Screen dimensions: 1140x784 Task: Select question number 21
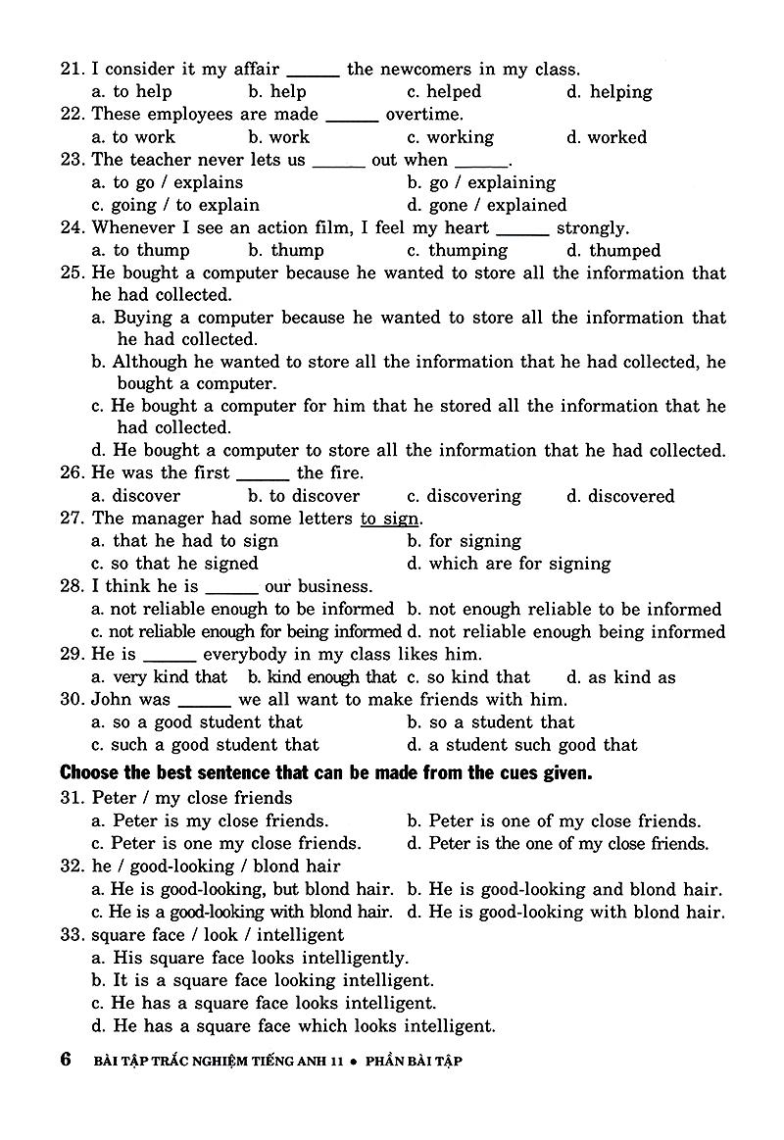coord(72,70)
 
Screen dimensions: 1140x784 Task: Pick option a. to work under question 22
coord(133,137)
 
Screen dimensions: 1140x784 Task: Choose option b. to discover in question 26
coord(304,496)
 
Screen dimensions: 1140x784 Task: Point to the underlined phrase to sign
coord(389,519)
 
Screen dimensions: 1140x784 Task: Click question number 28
coord(72,587)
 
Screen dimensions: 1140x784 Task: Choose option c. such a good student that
coord(205,745)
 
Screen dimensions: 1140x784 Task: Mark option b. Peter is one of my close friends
coord(554,821)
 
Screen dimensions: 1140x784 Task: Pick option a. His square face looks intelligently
coord(249,958)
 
